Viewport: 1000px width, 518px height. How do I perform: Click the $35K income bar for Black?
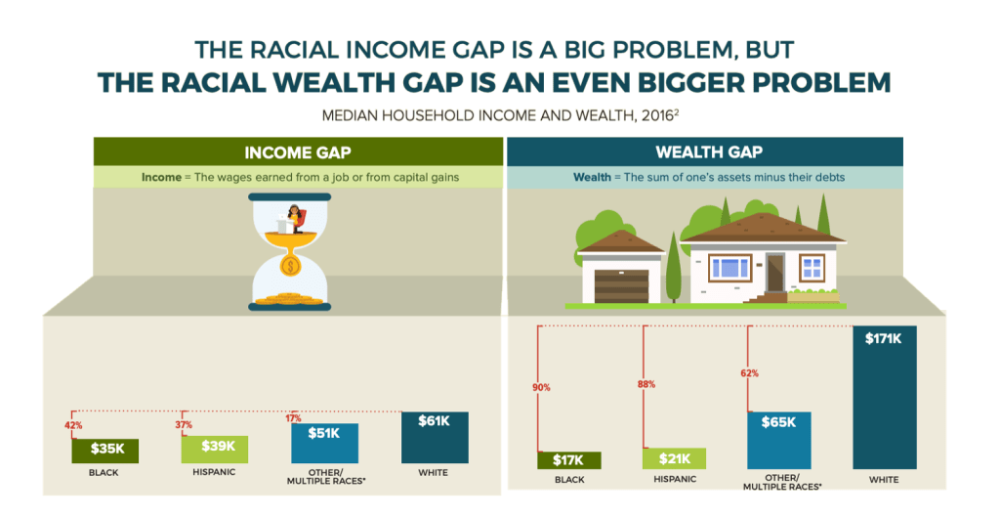pos(104,451)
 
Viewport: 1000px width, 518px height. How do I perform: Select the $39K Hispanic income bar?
pos(214,450)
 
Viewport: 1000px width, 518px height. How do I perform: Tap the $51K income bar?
pos(324,443)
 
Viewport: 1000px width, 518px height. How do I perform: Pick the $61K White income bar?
pos(435,438)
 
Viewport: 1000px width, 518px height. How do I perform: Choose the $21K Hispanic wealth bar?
pos(674,458)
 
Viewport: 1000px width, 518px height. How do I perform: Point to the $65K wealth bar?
pos(779,440)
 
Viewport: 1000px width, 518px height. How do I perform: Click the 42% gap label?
pos(73,425)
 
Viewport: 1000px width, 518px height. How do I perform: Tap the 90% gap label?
pos(541,387)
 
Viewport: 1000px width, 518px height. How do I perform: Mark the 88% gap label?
pos(646,384)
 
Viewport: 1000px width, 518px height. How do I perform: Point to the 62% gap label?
pos(750,373)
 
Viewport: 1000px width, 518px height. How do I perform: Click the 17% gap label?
pos(293,418)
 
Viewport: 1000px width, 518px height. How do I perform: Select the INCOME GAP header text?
pos(298,152)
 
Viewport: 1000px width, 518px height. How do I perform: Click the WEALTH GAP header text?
pos(709,151)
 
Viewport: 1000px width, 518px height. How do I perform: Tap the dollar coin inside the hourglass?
pos(290,266)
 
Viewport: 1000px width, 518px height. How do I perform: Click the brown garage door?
pos(621,286)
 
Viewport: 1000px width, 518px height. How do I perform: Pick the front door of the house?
pos(775,273)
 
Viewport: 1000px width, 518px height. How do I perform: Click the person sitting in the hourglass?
pos(295,218)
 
